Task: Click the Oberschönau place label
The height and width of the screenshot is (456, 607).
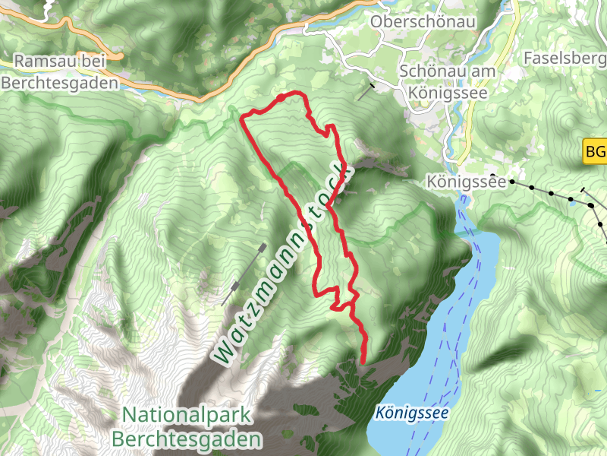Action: pyautogui.click(x=423, y=21)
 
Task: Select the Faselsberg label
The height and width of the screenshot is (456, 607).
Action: pyautogui.click(x=565, y=58)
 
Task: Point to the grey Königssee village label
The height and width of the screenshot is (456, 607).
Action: pyautogui.click(x=466, y=182)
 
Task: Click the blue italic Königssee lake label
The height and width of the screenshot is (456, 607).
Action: pyautogui.click(x=411, y=413)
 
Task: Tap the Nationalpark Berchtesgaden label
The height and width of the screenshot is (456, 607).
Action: pyautogui.click(x=187, y=427)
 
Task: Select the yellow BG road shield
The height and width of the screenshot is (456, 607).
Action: pyautogui.click(x=595, y=151)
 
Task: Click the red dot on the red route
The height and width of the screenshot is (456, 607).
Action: pyautogui.click(x=280, y=97)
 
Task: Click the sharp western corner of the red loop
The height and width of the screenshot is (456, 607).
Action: pyautogui.click(x=242, y=119)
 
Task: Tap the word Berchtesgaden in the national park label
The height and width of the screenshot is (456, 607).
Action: pyautogui.click(x=187, y=439)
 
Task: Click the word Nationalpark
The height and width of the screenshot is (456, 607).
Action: pyautogui.click(x=187, y=415)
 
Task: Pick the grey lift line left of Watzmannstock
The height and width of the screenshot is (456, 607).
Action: pyautogui.click(x=244, y=274)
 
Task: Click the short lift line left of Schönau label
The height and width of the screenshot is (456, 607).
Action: pyautogui.click(x=366, y=92)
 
